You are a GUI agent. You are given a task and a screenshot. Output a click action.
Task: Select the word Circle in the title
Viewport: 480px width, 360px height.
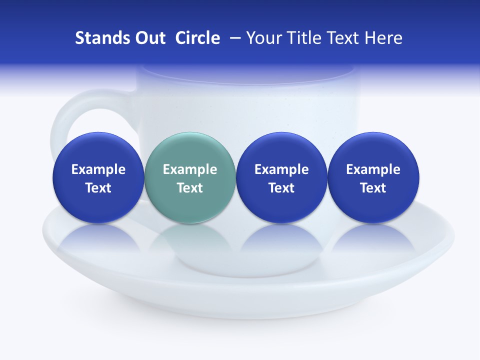[197, 38]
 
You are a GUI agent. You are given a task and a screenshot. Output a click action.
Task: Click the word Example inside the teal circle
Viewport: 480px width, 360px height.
[190, 169]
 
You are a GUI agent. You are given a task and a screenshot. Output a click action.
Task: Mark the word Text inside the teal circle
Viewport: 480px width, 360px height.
[190, 188]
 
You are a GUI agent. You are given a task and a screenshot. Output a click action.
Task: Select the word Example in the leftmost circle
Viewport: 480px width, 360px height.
[98, 169]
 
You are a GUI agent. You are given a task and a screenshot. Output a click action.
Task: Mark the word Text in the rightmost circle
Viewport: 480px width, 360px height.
[373, 188]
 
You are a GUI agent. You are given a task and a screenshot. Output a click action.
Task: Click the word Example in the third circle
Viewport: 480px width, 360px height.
[281, 169]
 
